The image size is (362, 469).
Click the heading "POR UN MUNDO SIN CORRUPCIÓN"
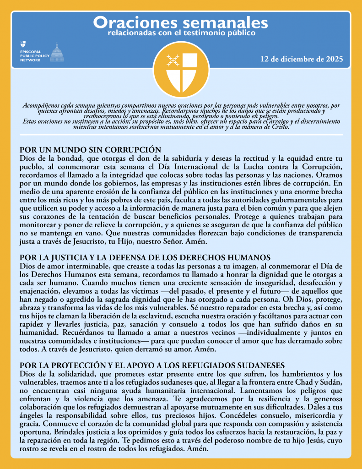(x=90, y=150)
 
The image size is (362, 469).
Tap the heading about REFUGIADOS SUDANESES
(x=152, y=365)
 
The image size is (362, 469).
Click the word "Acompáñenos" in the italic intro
(x=41, y=106)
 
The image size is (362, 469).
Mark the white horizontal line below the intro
(x=181, y=135)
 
